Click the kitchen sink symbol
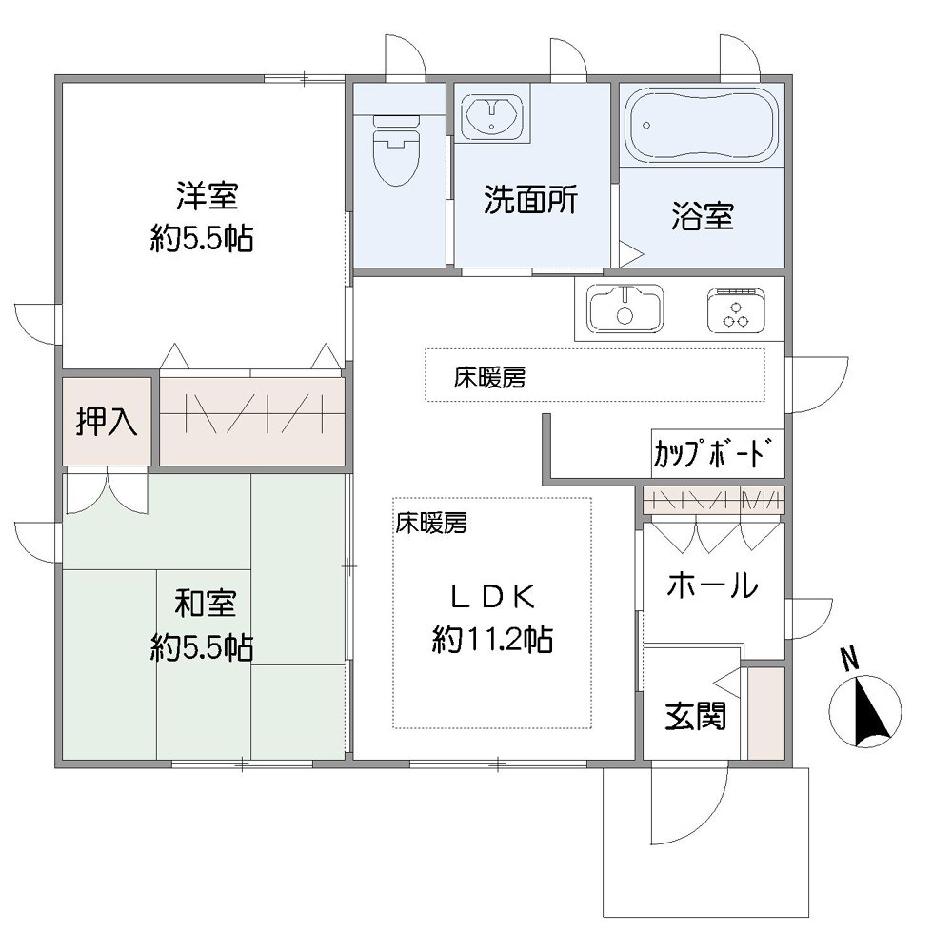tap(625, 308)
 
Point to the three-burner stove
tap(736, 308)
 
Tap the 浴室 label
tap(703, 217)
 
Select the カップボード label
tap(709, 454)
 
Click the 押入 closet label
tap(107, 421)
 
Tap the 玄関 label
tap(695, 716)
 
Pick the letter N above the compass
tap(850, 658)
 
